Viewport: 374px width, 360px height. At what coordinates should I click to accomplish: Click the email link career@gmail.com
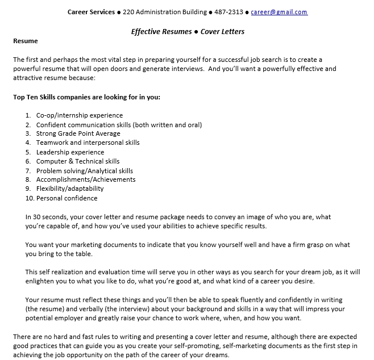tap(279, 12)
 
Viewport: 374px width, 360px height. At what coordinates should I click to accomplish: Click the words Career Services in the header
tap(91, 12)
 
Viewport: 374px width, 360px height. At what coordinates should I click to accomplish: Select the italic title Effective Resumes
tap(161, 32)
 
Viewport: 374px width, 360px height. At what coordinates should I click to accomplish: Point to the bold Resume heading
tap(26, 41)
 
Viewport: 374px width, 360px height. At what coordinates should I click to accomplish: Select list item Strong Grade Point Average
tap(78, 133)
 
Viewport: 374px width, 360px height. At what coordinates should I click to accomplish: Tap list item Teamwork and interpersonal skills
tap(88, 143)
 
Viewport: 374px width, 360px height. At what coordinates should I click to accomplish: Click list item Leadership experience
tap(70, 152)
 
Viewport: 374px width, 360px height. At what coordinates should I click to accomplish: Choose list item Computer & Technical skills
tap(78, 161)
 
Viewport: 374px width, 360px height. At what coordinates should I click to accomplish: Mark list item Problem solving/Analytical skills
tap(85, 170)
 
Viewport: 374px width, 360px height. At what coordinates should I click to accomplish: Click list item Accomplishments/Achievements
tap(86, 179)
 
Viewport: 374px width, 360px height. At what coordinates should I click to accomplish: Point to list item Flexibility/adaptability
tap(70, 189)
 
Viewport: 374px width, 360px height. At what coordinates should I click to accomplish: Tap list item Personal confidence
tap(67, 198)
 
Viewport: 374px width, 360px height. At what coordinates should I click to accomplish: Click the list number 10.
tap(30, 198)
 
